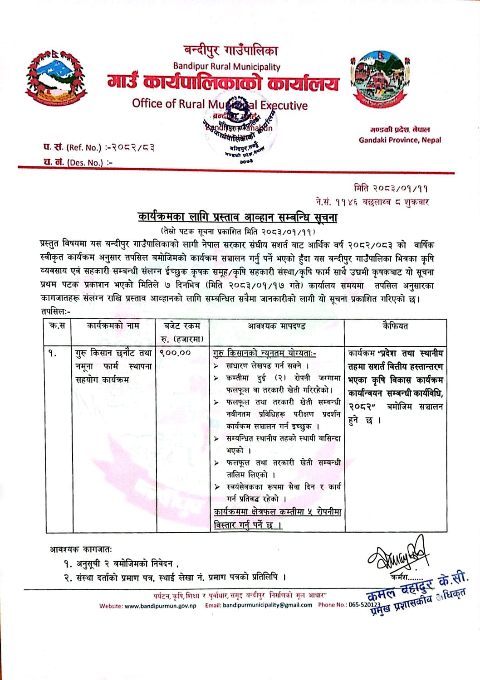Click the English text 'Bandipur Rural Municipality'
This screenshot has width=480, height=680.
(226, 67)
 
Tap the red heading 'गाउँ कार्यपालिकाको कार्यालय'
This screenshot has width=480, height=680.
(223, 83)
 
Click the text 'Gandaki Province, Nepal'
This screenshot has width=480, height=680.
(400, 140)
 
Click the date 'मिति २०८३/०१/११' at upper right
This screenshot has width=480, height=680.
(391, 188)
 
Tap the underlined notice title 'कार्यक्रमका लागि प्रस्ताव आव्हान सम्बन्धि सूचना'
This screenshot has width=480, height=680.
(238, 217)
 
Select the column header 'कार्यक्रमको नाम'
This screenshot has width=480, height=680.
(113, 325)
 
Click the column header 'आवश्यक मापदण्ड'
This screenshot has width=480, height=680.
(276, 325)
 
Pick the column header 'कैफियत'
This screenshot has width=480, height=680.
(395, 325)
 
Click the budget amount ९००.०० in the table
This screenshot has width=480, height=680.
(175, 352)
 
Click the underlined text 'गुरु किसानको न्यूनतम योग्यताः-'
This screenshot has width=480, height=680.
(264, 353)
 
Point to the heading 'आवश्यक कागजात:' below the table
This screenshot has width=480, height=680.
(81, 549)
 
